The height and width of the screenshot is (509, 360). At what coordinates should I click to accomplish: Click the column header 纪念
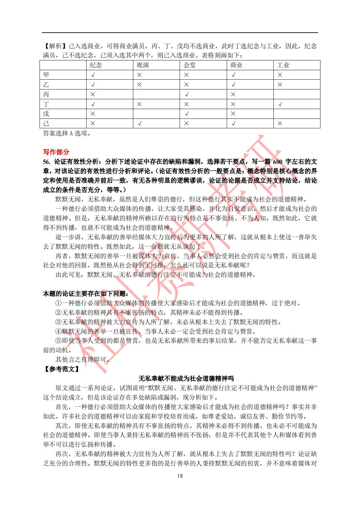pos(96,65)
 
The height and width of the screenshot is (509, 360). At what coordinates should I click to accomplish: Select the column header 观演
pos(143,65)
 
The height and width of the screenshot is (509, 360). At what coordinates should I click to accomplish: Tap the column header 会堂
pos(189,65)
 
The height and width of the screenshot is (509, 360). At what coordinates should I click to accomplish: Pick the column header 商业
pos(236,65)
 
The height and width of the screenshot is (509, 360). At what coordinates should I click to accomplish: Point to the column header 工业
pos(283,65)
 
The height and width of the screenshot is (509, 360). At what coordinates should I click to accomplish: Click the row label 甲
pos(46,75)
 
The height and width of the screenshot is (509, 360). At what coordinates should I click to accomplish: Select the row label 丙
pos(46,94)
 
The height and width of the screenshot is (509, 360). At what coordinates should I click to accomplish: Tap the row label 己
pos(46,123)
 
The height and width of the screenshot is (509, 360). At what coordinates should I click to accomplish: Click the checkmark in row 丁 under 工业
pos(280,104)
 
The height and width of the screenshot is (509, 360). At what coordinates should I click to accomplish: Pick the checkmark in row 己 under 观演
pos(139,124)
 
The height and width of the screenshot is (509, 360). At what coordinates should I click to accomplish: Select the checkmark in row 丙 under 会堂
pos(187,95)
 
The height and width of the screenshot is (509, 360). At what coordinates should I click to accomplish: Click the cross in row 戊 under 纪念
pos(93,114)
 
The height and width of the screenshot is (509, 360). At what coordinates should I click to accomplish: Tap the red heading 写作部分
pos(56,152)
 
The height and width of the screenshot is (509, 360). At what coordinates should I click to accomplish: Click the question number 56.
pos(47,162)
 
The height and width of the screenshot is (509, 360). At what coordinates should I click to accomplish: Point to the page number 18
pos(180,476)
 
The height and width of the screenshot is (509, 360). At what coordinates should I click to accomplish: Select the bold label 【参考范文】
pos(61,369)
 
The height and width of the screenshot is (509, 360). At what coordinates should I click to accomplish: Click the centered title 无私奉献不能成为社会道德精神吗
pos(186,379)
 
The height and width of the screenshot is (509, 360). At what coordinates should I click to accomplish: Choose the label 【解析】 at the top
pos(55,46)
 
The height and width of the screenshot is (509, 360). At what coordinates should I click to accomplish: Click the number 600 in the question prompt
pos(278,162)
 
